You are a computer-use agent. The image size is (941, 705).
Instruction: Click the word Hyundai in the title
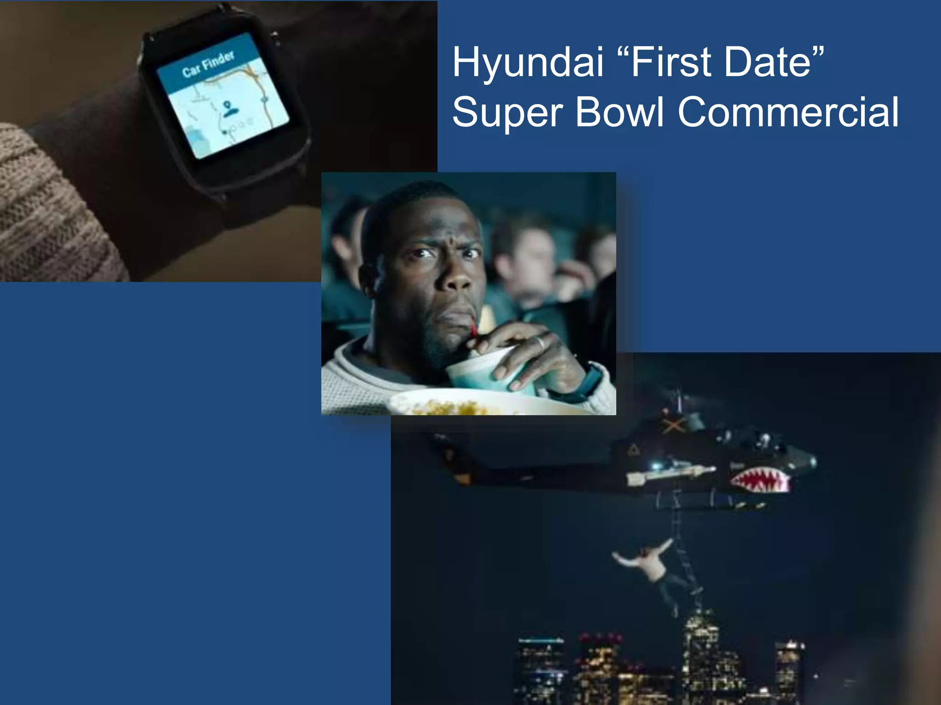point(527,63)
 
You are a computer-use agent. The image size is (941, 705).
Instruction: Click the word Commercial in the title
point(788,112)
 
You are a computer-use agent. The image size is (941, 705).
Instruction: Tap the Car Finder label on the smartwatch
point(208,64)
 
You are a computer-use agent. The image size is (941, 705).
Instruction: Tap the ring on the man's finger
point(540,342)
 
